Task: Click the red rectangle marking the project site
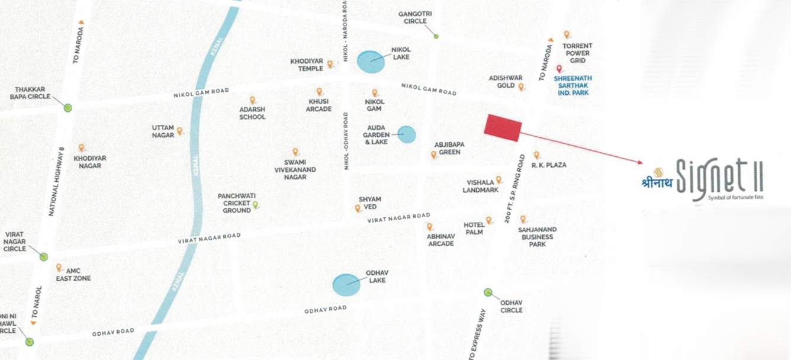[503, 127]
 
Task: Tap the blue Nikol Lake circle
[370, 62]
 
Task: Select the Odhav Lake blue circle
[346, 285]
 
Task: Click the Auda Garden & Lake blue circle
[406, 134]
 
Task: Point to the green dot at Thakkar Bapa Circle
[68, 108]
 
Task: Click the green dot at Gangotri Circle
[436, 37]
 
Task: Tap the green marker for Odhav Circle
[488, 292]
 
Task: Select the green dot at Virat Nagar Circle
[43, 256]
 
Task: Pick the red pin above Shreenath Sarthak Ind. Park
[559, 69]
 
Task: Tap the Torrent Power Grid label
[577, 53]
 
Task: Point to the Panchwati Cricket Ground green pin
[256, 205]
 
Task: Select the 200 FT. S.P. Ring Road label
[515, 189]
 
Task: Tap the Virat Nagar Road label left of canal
[210, 239]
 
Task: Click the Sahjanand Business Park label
[537, 236]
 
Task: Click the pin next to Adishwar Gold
[521, 87]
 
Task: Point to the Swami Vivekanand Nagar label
[295, 169]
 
